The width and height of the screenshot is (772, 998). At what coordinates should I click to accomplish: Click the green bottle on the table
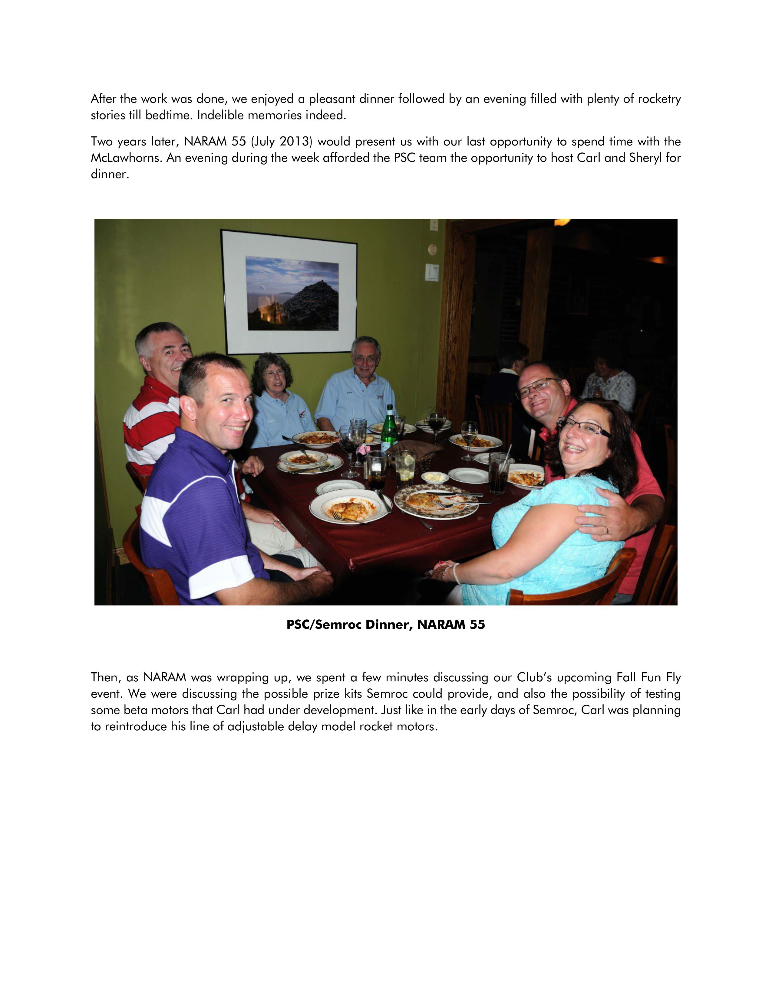tap(389, 429)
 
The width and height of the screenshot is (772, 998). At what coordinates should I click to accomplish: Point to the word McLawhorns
tap(126, 158)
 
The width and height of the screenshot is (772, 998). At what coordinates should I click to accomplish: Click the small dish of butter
tap(434, 478)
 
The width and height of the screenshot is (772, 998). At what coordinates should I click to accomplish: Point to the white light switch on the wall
tap(432, 272)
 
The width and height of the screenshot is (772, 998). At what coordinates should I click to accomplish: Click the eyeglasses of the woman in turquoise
tap(585, 428)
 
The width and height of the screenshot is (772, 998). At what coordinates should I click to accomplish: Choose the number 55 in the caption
tap(477, 625)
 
